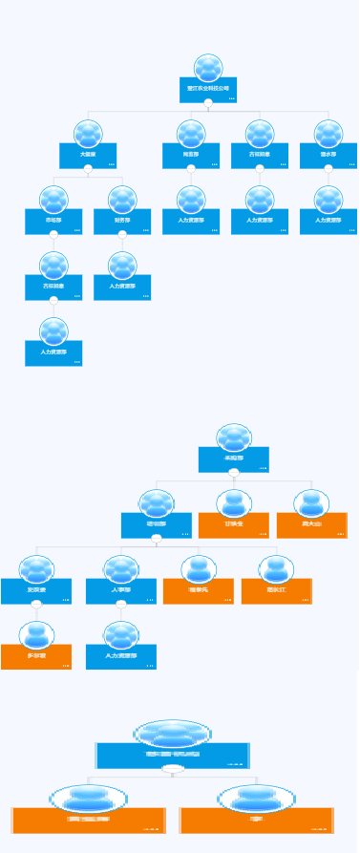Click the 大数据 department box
(x=89, y=156)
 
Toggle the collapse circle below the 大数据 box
(x=89, y=172)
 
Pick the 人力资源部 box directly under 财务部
(x=122, y=288)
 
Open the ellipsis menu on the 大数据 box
(x=112, y=164)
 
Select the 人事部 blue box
(x=121, y=592)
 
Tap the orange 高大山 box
(x=311, y=525)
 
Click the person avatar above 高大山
(x=311, y=502)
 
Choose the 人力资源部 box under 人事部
(x=121, y=657)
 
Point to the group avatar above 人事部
(x=121, y=569)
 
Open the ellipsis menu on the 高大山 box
(x=340, y=534)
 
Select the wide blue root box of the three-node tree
(x=173, y=755)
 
